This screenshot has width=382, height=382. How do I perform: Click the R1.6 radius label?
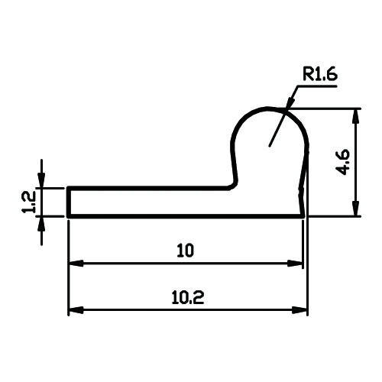click(x=320, y=74)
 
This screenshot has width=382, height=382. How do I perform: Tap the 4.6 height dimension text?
click(x=343, y=162)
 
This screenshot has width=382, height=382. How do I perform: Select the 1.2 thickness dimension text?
click(x=28, y=202)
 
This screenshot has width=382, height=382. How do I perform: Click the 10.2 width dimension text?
click(x=188, y=297)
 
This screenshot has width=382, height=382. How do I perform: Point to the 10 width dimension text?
click(x=186, y=251)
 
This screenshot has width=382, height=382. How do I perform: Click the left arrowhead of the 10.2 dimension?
click(x=76, y=310)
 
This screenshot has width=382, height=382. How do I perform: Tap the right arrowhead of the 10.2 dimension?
click(x=299, y=310)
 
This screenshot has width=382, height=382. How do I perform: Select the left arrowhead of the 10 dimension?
click(x=76, y=264)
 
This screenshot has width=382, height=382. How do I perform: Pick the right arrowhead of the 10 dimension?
click(x=295, y=264)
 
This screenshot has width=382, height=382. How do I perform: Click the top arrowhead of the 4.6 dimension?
click(x=356, y=117)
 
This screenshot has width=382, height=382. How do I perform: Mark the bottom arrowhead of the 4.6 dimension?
click(x=356, y=209)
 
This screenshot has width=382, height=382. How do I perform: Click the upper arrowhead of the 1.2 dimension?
click(x=41, y=180)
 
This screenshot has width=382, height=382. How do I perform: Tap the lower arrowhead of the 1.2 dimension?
click(x=41, y=224)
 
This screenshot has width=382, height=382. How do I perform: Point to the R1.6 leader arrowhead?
click(x=291, y=104)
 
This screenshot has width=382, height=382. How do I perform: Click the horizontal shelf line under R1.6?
click(x=317, y=86)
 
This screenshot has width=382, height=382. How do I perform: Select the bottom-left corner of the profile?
click(x=68, y=217)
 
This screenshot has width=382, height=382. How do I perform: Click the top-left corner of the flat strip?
click(x=68, y=188)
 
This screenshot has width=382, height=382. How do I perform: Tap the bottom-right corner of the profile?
click(x=303, y=217)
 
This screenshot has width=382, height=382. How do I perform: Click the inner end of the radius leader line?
click(x=270, y=147)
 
